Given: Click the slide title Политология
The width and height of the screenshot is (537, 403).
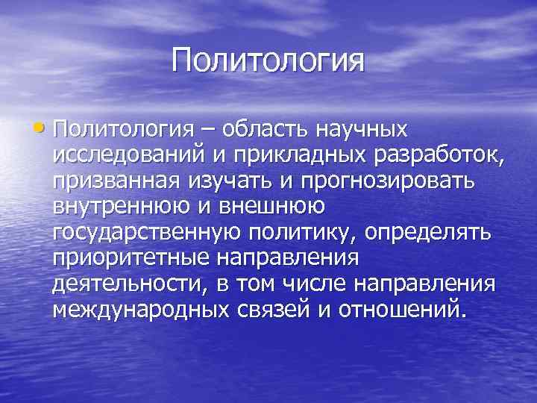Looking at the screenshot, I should [x=268, y=60].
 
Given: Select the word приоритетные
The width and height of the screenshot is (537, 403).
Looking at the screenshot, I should [x=133, y=257].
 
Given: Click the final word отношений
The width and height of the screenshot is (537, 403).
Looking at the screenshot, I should [x=401, y=310].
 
